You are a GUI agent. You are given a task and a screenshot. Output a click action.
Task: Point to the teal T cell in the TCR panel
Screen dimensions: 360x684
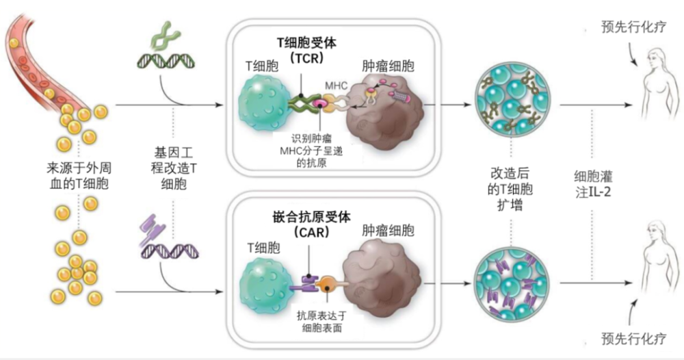(x=263, y=106)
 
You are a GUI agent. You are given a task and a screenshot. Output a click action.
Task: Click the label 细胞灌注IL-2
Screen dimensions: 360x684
(x=592, y=183)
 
